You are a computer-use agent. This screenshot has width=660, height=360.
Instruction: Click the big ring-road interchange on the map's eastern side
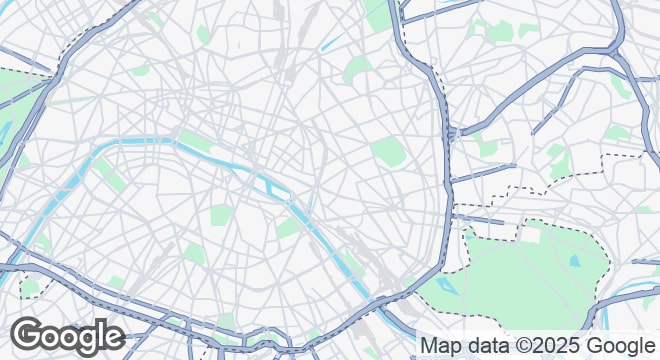click(455, 133)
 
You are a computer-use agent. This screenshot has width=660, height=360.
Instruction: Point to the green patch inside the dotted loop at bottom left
click(30, 287)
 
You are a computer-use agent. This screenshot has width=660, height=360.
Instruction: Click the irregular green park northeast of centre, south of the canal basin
click(358, 70)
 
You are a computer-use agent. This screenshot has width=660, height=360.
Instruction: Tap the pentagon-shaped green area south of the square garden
click(193, 252)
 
